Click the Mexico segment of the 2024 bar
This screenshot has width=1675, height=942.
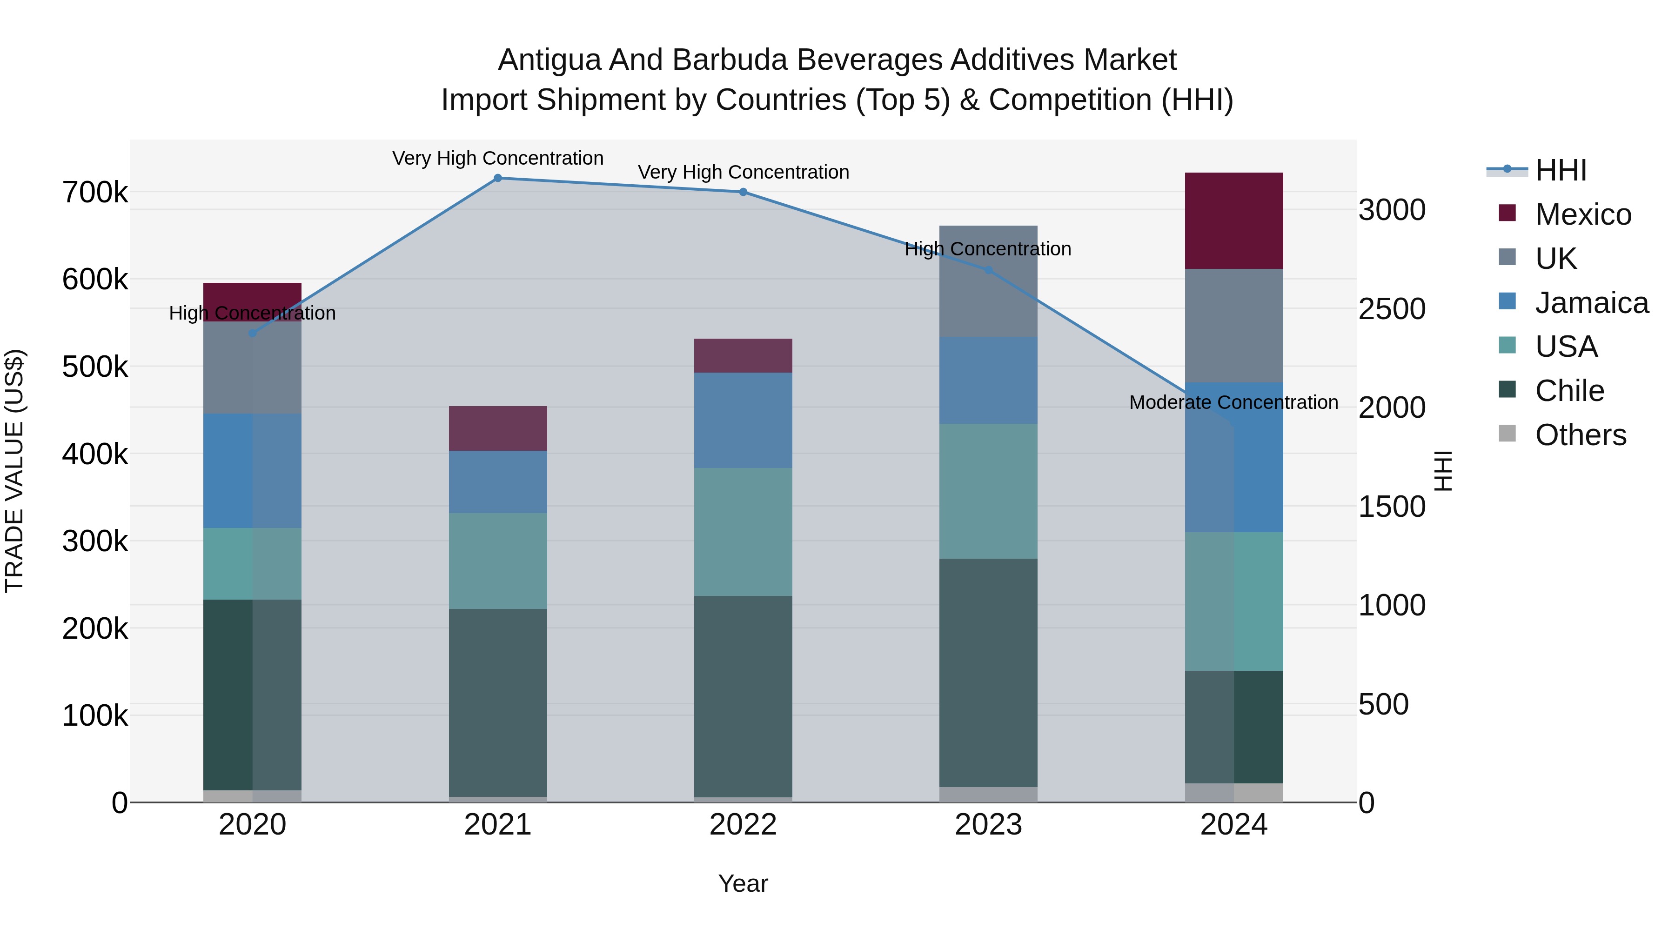1233,220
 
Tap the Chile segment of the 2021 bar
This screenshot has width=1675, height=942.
498,702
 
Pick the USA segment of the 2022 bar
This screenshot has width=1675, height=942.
743,532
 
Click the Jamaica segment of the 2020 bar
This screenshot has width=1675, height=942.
252,471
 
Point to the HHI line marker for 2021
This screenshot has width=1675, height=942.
498,178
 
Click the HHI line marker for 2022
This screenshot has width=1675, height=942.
743,192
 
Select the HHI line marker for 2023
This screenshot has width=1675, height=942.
988,270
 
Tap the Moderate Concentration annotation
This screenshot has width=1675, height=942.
1233,402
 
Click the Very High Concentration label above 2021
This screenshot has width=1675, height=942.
498,158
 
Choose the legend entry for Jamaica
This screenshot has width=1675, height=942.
1591,303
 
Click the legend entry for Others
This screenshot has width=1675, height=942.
1580,435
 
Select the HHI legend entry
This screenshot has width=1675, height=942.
1561,170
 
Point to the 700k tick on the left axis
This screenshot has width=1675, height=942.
95,193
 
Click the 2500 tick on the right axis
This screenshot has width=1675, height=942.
1392,309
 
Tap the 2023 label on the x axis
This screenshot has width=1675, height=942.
988,825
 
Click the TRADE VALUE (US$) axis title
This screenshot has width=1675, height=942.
14,471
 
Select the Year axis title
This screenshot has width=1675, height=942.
743,883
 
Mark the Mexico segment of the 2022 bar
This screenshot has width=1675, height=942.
743,355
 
